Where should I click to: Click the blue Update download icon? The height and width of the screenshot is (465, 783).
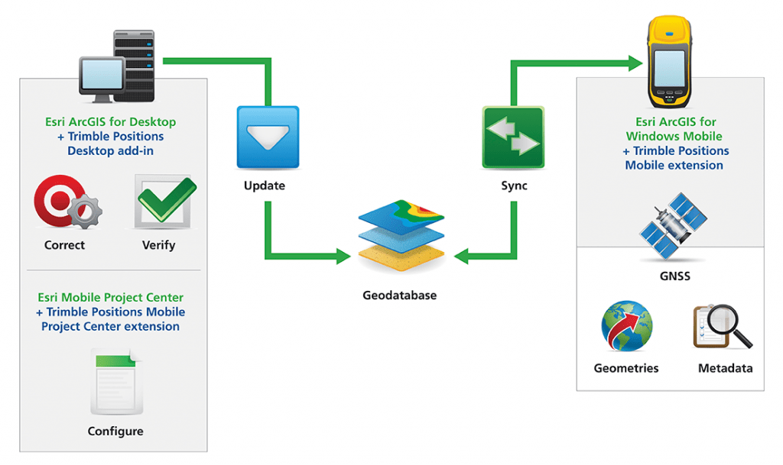[268, 137]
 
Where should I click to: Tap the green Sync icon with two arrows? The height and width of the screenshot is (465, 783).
[513, 137]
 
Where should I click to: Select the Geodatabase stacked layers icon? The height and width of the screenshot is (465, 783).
[401, 235]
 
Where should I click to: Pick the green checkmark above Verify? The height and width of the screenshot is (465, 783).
[167, 200]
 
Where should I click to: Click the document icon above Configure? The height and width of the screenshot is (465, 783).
[117, 382]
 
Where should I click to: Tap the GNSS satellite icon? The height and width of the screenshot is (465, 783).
[673, 226]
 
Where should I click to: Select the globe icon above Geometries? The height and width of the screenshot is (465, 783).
[627, 326]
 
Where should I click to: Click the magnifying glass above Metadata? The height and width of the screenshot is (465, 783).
[723, 327]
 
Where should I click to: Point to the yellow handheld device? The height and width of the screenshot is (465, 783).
[670, 62]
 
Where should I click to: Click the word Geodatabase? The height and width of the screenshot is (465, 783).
[399, 295]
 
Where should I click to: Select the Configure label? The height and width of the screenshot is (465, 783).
[115, 431]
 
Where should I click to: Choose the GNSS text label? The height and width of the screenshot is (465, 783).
[674, 276]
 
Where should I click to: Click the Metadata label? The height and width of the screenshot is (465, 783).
[725, 368]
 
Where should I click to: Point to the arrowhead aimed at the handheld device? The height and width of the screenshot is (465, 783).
[635, 63]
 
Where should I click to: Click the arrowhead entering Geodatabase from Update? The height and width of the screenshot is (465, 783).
[344, 257]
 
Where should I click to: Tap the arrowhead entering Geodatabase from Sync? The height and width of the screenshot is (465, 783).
[461, 257]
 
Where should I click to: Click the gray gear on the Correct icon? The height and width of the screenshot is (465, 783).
[85, 212]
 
